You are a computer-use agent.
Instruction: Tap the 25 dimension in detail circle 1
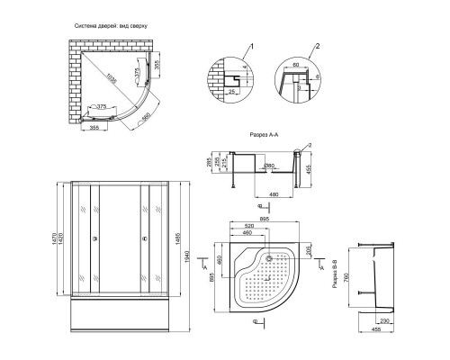coord(231,90)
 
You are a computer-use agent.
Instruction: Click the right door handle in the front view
coord(141,239)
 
